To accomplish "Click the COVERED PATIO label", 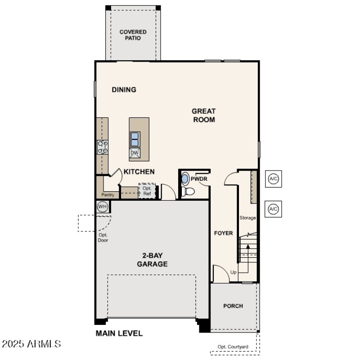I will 133,35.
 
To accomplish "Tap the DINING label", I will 124,90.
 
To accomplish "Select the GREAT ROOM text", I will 203,115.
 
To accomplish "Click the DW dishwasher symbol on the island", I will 135,153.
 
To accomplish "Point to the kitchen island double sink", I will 135,139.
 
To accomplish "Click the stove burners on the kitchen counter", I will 103,147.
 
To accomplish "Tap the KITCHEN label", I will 139,172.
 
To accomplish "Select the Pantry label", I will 108,195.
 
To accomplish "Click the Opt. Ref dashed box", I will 147,191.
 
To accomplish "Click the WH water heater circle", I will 103,207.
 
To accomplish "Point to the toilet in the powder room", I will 189,191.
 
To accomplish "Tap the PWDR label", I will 198,179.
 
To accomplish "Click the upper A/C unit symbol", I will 273,179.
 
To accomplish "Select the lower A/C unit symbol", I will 273,209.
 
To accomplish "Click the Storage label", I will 247,218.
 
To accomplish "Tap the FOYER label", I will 223,233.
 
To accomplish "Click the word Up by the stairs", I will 233,272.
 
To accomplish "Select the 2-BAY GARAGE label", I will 152,260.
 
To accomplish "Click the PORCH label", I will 233,306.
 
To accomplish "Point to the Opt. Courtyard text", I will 233,346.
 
